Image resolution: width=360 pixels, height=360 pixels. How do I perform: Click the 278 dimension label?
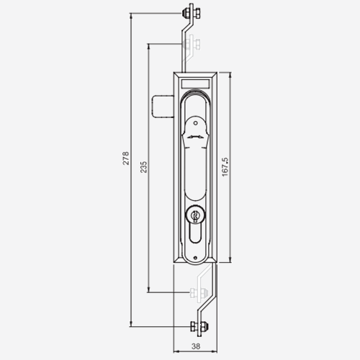pos(126,158)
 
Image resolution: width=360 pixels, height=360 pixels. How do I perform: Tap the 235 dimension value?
pos(143,167)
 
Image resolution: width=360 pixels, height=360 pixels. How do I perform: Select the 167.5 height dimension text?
pos(225,167)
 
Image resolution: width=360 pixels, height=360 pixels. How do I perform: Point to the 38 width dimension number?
pos(196,346)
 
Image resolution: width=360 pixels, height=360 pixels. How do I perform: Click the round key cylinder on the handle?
pos(196,214)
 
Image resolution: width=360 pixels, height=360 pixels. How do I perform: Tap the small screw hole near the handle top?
pos(196,123)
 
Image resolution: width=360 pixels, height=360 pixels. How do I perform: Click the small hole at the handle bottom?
pos(195,258)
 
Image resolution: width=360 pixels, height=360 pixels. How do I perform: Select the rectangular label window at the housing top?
pos(195,84)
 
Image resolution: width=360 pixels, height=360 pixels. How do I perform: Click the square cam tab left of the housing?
pos(163,107)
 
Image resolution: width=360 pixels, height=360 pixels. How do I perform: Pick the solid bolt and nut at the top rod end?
pos(192,12)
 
